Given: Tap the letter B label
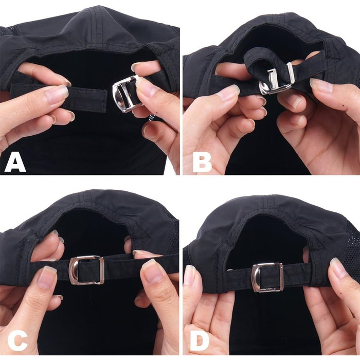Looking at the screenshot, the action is pos(202,164).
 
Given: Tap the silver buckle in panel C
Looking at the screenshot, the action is pos(86,270).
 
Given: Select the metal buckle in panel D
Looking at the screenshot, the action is pos(267,277).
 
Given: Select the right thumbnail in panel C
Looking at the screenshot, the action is pos(152,271).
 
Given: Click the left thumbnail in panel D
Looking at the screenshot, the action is pos(189,275).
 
